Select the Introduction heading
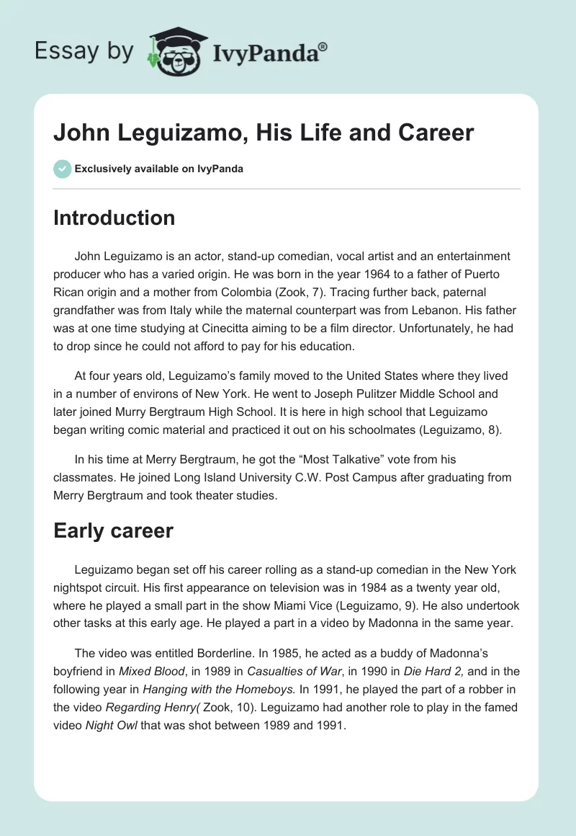point(114,218)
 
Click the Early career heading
point(113,531)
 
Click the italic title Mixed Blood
point(151,671)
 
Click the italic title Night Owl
point(119,726)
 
